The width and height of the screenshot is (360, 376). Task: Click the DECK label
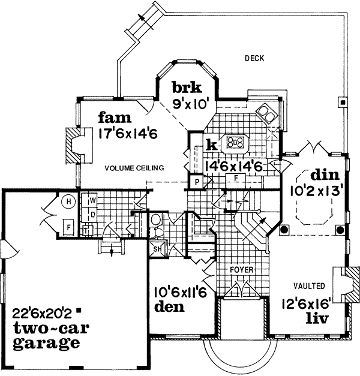pyautogui.click(x=254, y=58)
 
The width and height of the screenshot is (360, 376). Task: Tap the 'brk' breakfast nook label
pyautogui.click(x=182, y=86)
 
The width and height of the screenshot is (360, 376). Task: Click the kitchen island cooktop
pyautogui.click(x=236, y=143)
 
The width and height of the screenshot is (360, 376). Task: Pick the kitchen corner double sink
pyautogui.click(x=266, y=112)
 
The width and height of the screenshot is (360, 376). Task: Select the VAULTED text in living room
pyautogui.click(x=310, y=287)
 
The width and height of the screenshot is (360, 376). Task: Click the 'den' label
pyautogui.click(x=170, y=308)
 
